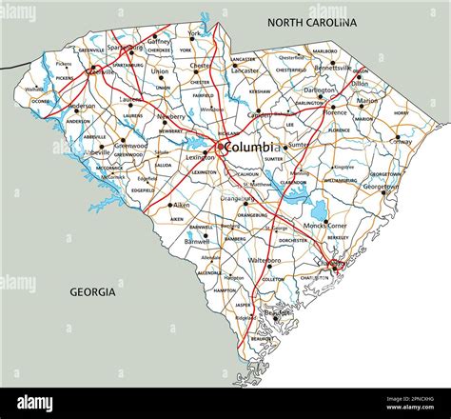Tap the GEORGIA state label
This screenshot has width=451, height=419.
92,291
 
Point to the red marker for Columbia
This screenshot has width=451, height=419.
220,147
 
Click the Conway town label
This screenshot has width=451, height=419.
401,141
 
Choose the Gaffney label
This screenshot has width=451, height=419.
158,43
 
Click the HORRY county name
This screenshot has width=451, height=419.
400,112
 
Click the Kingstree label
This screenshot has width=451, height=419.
343,167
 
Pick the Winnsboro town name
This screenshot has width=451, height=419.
212,110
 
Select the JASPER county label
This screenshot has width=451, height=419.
243,305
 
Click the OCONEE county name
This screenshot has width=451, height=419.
40,101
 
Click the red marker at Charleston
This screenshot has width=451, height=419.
335,269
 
